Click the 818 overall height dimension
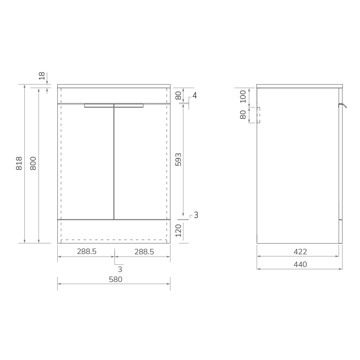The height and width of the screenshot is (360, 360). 19,163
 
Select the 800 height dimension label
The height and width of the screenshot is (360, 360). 33,163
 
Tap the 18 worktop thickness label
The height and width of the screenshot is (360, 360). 42,76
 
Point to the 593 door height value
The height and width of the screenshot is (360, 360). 178,159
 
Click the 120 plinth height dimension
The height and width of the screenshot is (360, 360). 178,231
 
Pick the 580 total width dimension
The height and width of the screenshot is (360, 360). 115,279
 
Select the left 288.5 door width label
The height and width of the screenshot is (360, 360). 87,252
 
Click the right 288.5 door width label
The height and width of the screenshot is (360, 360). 144,252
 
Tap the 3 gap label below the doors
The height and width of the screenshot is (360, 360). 120,269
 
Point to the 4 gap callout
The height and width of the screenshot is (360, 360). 194,95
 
